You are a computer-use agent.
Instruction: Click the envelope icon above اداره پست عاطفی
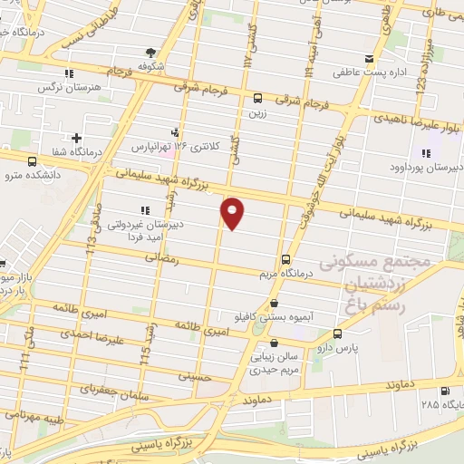pos(368,60)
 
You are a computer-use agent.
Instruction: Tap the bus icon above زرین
pos(258,98)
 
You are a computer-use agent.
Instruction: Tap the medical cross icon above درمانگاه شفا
pos(88,138)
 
